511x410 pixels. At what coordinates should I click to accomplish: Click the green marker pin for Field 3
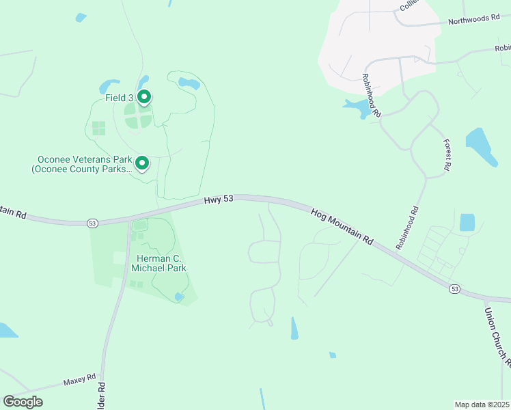click(x=143, y=97)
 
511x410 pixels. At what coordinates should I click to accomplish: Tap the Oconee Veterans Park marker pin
click(x=142, y=163)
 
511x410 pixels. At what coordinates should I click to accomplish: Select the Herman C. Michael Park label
click(x=158, y=263)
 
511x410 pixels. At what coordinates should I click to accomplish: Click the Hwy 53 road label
click(x=219, y=200)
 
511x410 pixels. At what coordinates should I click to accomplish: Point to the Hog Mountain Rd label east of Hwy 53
click(x=342, y=227)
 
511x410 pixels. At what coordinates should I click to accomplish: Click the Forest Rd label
click(x=447, y=155)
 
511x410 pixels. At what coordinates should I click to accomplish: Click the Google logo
click(x=23, y=402)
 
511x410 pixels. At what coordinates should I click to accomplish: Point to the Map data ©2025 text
click(x=482, y=405)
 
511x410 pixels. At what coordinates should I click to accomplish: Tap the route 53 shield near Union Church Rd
click(x=454, y=289)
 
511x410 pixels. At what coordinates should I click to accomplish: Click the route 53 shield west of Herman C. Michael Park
click(x=92, y=223)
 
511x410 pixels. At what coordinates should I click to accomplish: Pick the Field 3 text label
click(x=120, y=98)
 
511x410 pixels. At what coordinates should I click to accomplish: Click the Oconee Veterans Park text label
click(x=82, y=165)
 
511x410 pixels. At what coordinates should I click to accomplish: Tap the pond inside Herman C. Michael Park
click(x=179, y=297)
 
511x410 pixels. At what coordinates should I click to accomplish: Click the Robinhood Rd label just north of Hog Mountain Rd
click(x=407, y=228)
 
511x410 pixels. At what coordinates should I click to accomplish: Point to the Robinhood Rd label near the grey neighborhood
click(x=372, y=94)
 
